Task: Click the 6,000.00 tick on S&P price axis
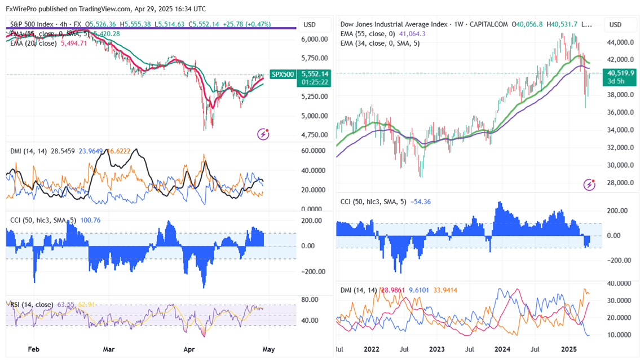[315, 39]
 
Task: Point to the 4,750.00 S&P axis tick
[315, 135]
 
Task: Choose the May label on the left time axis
[269, 349]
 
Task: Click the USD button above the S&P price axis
[310, 25]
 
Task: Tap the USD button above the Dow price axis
[616, 25]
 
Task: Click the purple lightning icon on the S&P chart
[263, 134]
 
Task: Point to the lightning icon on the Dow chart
[589, 185]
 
